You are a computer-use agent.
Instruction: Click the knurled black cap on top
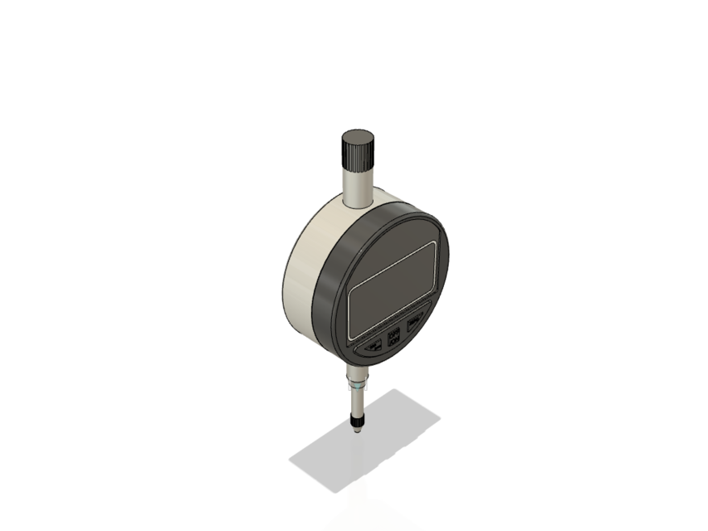pyautogui.click(x=358, y=151)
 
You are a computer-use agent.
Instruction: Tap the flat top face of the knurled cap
pyautogui.click(x=358, y=136)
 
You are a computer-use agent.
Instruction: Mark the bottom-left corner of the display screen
pyautogui.click(x=352, y=336)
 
